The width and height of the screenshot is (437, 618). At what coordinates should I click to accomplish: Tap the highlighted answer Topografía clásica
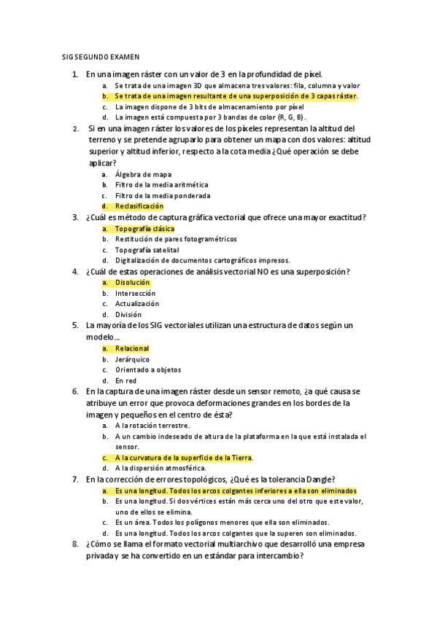[x=144, y=229]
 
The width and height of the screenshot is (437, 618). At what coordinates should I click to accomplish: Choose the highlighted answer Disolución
[x=132, y=282]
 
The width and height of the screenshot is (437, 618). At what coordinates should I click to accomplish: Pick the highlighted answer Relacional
[x=131, y=349]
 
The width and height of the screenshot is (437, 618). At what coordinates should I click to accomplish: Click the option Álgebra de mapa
[x=143, y=174]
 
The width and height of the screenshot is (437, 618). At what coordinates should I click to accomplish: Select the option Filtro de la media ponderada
[x=162, y=195]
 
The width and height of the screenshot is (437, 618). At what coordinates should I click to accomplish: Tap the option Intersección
[x=135, y=293]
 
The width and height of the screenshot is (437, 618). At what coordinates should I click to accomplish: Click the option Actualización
[x=136, y=303]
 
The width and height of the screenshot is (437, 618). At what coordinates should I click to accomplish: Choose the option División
[x=128, y=314]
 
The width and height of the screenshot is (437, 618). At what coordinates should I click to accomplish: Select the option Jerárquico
[x=132, y=359]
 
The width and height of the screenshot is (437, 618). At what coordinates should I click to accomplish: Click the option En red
[x=125, y=380]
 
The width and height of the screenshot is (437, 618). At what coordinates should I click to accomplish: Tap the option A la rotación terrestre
[x=152, y=425]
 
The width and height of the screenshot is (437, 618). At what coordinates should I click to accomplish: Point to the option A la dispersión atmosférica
[x=160, y=468]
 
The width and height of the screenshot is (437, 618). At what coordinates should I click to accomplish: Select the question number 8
[x=75, y=544]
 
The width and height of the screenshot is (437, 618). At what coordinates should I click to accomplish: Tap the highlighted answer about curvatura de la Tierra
[x=183, y=458]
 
